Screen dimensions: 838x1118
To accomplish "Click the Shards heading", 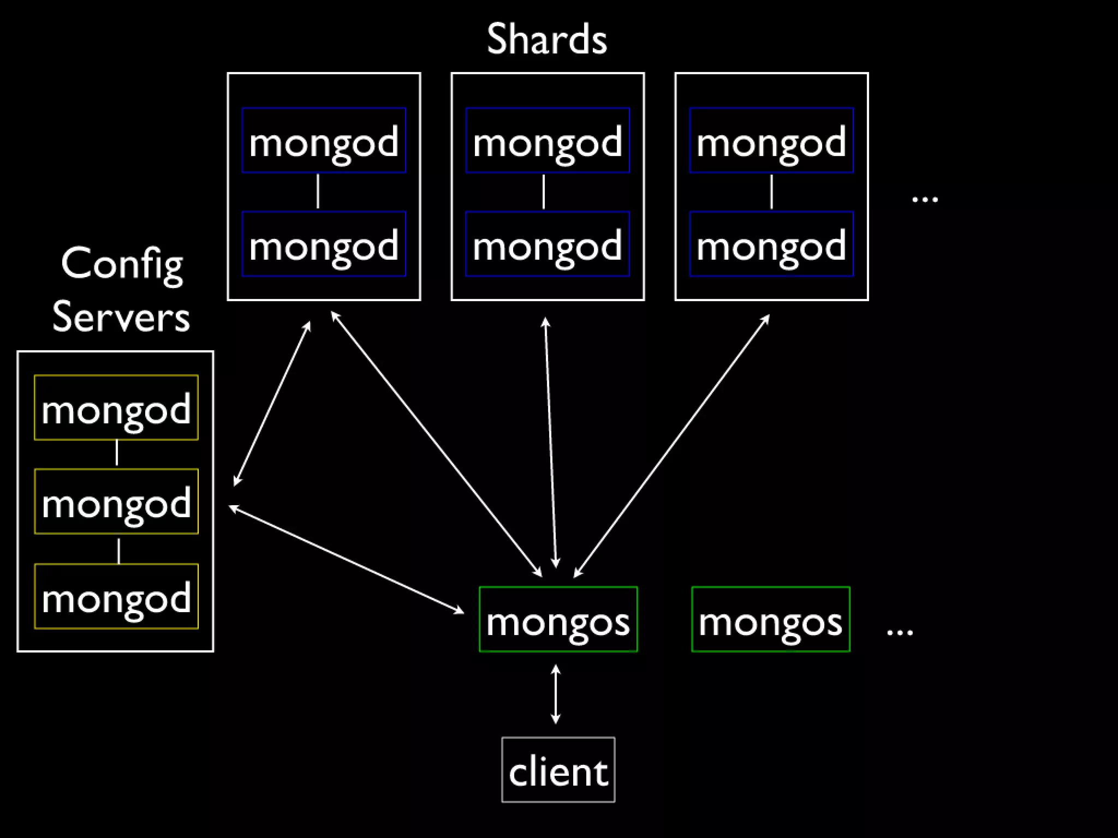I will pos(546,39).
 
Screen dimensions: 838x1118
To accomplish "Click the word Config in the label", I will pos(122,264).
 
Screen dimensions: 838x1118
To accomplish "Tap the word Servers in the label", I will pos(121,316).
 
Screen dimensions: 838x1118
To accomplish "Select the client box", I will pos(558,770).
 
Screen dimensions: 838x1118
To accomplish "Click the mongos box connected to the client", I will pos(558,619).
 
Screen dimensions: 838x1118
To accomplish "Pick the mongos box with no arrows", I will pos(770,619).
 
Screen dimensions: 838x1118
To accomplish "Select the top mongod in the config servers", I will pos(116,408).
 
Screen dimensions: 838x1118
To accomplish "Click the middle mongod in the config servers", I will pos(116,501).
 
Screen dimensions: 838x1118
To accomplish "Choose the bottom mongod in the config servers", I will pos(116,596).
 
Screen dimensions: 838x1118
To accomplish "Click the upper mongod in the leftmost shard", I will pos(324,140).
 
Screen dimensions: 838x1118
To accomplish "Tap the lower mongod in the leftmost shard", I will pos(324,244).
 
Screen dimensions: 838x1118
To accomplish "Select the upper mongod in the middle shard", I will pos(548,140).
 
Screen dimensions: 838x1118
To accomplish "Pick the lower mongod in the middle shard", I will pos(548,244).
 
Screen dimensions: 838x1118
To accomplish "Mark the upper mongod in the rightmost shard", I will pos(771,140).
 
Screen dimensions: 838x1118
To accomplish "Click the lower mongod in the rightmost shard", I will pos(771,244).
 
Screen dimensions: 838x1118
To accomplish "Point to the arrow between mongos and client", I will pos(556,694).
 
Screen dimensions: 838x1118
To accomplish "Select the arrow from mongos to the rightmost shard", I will pos(672,445).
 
